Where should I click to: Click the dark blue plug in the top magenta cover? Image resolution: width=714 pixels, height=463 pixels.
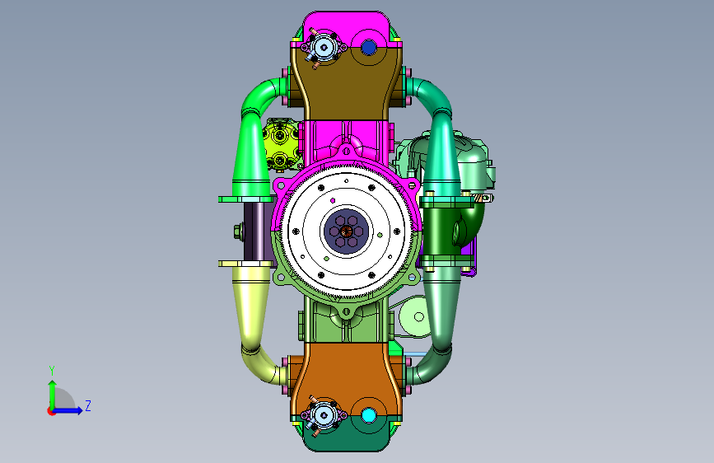coord(368,47)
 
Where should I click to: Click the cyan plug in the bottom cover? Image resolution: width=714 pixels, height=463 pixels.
coord(368,415)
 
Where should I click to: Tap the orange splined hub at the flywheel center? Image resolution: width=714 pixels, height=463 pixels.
coord(346,231)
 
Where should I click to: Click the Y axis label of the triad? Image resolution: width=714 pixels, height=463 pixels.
coord(52,370)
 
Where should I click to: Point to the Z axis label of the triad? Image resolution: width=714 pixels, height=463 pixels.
coord(88,405)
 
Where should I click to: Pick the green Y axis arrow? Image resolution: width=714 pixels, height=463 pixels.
coord(53,395)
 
